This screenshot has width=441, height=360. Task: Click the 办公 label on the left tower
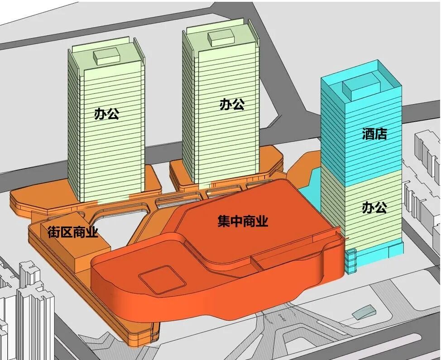click(x=107, y=113)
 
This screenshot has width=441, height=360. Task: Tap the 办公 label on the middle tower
click(x=232, y=105)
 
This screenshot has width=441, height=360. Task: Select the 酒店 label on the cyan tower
click(x=375, y=134)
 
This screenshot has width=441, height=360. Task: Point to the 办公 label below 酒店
click(x=375, y=208)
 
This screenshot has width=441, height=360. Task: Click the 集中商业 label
click(x=243, y=222)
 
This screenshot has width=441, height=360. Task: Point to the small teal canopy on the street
click(x=364, y=312)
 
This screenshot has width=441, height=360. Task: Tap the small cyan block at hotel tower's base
click(x=351, y=260)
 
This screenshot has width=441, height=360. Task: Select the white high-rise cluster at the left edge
click(x=23, y=308)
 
